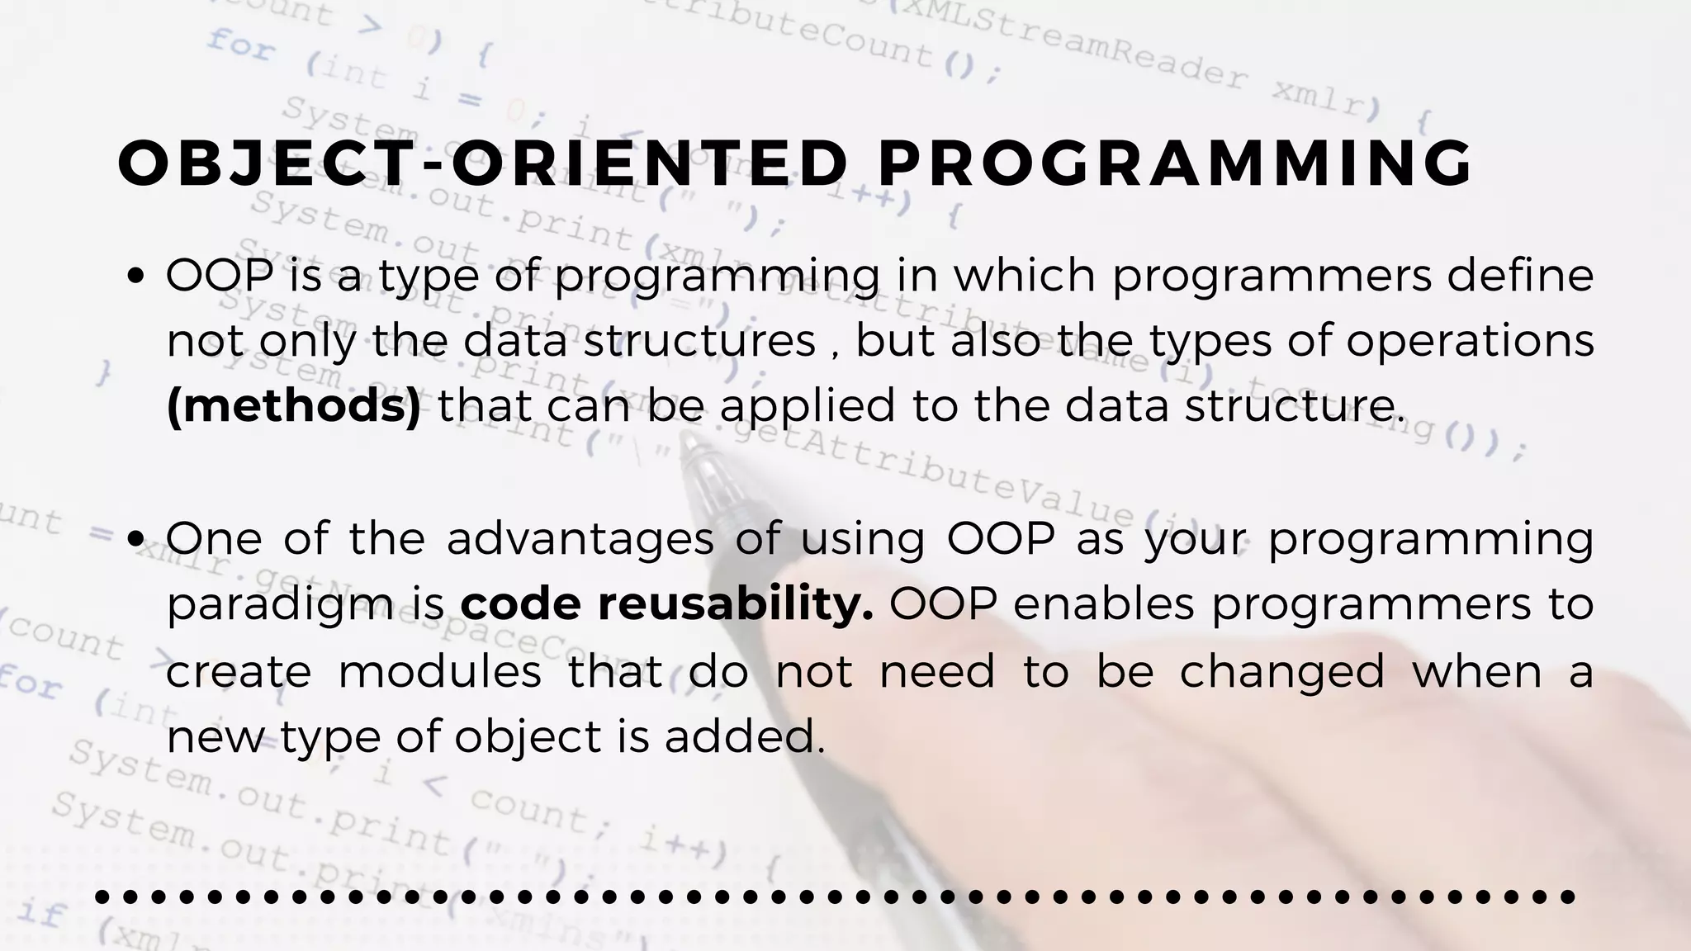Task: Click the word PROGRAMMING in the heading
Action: click(1175, 163)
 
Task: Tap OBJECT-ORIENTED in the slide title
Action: click(483, 163)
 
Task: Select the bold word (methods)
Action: click(294, 406)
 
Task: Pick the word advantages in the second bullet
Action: click(580, 539)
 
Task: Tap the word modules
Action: click(439, 670)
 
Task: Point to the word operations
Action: click(1471, 342)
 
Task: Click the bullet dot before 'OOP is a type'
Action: click(137, 276)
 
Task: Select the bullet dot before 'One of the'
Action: click(137, 540)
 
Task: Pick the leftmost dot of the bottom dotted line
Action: click(102, 897)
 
